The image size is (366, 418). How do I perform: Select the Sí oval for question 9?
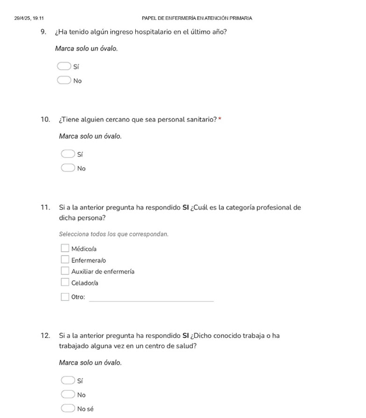(x=64, y=66)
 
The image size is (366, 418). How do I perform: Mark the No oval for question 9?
(x=64, y=80)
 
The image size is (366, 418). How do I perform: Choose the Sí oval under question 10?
(x=68, y=154)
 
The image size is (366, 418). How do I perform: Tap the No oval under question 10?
(x=68, y=168)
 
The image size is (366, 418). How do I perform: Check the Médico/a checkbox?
(x=65, y=248)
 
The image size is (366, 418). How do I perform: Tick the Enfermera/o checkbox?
(x=65, y=259)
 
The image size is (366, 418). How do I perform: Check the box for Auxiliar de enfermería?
(x=65, y=271)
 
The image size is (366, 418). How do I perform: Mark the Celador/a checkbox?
(x=65, y=282)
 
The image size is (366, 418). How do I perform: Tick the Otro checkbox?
(x=65, y=296)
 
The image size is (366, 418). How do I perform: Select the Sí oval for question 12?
(x=68, y=380)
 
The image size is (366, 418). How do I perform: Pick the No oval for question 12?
(x=68, y=394)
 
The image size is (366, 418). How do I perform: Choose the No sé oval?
(x=68, y=408)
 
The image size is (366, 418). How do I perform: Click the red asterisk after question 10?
(x=220, y=119)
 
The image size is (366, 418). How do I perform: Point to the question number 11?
(x=45, y=207)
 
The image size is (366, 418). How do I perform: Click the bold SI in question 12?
(x=186, y=336)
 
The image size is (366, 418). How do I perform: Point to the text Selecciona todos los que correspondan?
(x=114, y=234)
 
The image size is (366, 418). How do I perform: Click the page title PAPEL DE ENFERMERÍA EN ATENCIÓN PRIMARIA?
(x=197, y=18)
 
